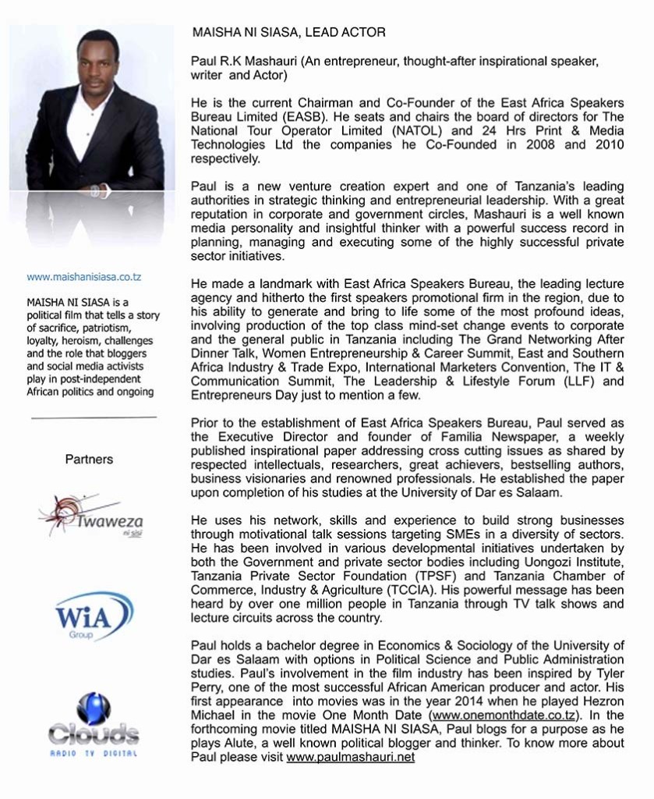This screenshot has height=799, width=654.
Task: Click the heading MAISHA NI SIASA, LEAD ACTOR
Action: coord(288,33)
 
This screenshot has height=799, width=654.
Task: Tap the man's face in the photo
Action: coord(97,65)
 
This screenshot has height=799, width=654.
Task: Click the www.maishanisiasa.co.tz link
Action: coord(83,277)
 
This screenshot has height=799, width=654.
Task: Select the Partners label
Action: coord(89,460)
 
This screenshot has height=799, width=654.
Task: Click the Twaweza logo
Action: coord(91,516)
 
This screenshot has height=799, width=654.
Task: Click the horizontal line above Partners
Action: coord(94,418)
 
